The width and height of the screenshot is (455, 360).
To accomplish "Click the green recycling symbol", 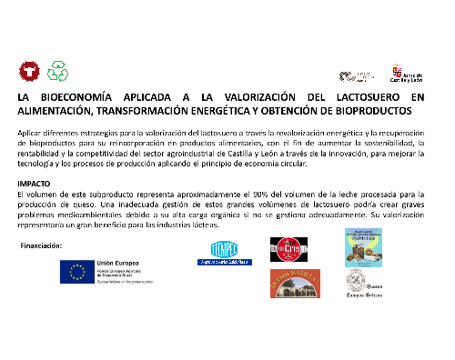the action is click(57, 69).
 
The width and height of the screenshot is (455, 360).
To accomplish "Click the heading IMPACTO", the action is click(34, 184).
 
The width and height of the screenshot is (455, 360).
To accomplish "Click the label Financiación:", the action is click(40, 246).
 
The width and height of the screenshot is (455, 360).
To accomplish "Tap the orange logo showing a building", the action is click(293, 284).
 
